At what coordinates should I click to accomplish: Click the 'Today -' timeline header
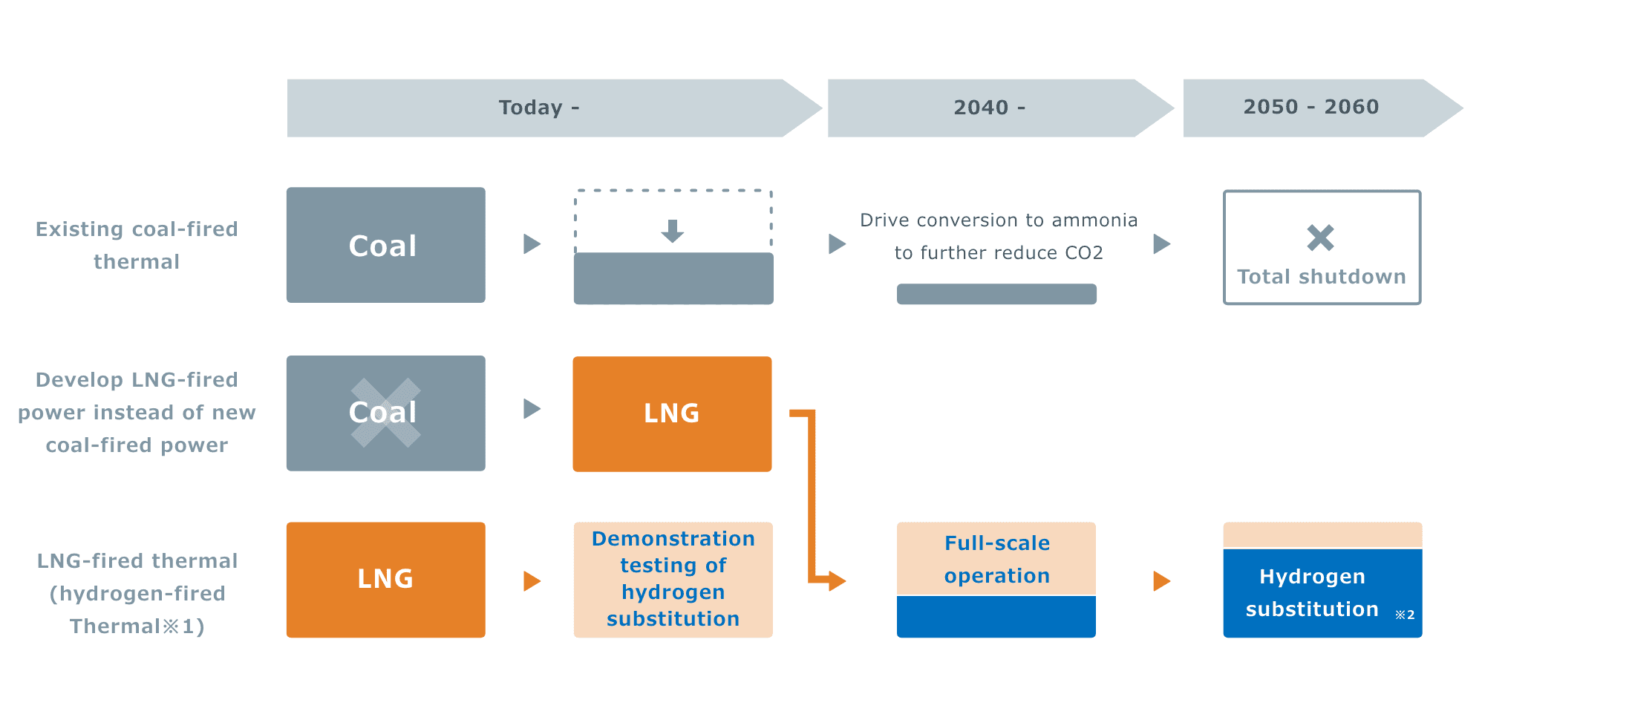[538, 108]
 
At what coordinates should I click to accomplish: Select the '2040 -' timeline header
[989, 108]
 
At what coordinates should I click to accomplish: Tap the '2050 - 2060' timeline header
[1311, 107]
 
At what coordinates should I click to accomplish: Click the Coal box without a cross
[385, 245]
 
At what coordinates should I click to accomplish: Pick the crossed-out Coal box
[385, 413]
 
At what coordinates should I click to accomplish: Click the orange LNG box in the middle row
[672, 413]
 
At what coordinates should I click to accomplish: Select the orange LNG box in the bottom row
[385, 580]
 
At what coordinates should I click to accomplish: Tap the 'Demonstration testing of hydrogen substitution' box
[673, 579]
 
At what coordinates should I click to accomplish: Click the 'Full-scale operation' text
[996, 559]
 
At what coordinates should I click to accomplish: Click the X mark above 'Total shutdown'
[1320, 238]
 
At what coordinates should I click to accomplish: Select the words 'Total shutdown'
[1322, 277]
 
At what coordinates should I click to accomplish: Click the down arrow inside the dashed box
[673, 231]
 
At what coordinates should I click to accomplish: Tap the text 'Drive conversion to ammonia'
[998, 220]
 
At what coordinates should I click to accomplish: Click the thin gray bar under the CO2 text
[996, 294]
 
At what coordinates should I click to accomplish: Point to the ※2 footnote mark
[1405, 615]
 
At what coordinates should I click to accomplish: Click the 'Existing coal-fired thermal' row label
[137, 245]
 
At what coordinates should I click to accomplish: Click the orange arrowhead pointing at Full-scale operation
[838, 580]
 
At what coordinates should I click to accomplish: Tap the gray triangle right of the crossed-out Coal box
[532, 409]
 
